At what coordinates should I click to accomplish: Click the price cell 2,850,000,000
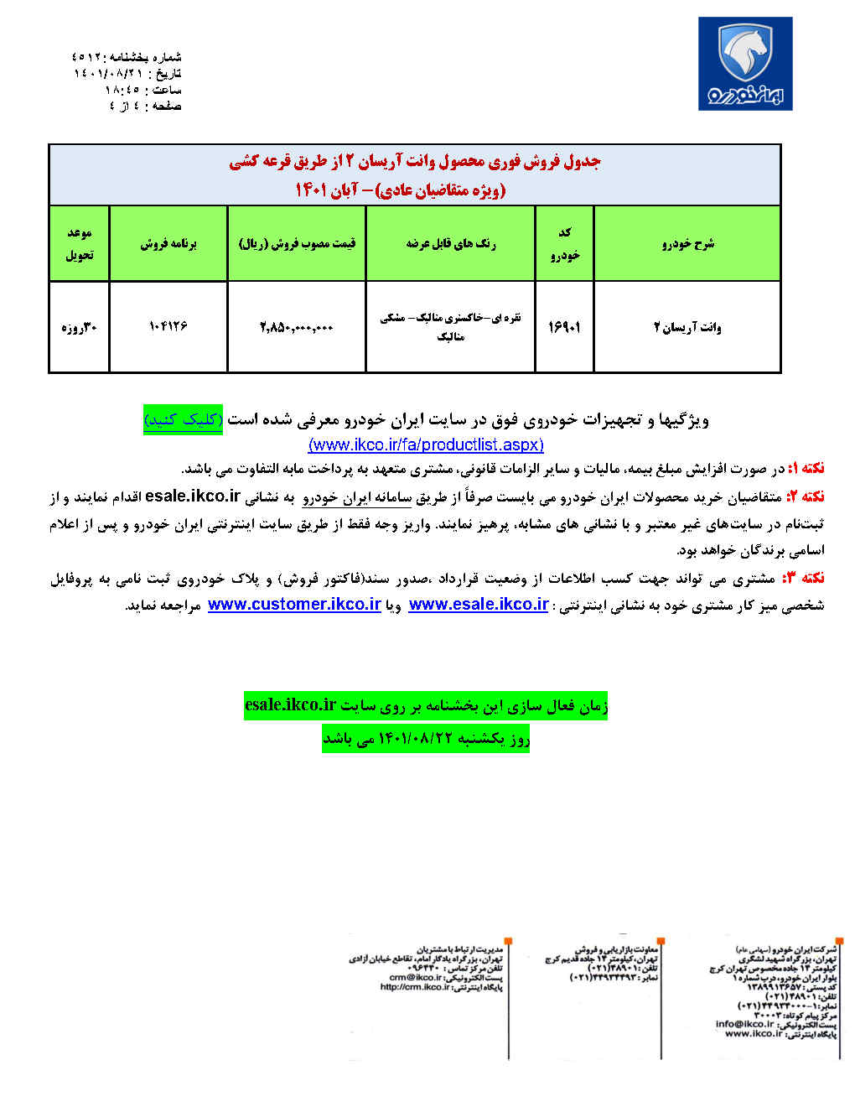coord(296,327)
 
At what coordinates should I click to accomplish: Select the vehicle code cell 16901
coord(564,327)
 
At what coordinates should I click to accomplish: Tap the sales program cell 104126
coord(168,325)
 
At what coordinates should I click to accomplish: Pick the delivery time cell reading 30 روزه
coord(79,327)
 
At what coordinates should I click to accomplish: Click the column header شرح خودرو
coord(687,243)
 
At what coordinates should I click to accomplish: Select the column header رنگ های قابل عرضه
coord(450,244)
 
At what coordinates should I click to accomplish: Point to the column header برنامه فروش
coord(168,244)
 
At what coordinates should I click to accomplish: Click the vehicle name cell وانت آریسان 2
coord(687,327)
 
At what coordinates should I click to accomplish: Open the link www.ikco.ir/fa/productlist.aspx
coord(426,445)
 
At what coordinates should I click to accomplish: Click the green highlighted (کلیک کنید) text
coord(183,419)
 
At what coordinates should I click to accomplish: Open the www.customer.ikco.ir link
coord(294,605)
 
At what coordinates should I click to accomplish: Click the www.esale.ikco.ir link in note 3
coord(479,605)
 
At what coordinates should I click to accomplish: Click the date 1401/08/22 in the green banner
coord(416,739)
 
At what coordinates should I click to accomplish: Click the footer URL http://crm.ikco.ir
coord(415,987)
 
